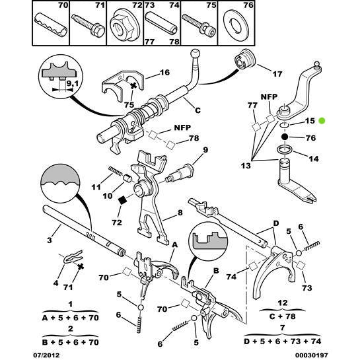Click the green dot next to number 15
point(322,120)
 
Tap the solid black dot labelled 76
point(285,137)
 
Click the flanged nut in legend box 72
point(124,25)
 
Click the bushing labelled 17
point(245,58)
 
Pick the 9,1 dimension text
point(72,84)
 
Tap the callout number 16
point(164,72)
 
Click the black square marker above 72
point(122,200)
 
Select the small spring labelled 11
point(116,171)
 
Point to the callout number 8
point(180,213)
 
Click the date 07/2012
point(46,355)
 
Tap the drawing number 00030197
point(311,355)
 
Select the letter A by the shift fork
point(175,245)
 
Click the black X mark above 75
point(133,87)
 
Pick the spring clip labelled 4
point(73,257)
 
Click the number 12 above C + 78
point(283,303)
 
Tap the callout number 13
point(246,166)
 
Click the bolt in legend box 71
point(88,25)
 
